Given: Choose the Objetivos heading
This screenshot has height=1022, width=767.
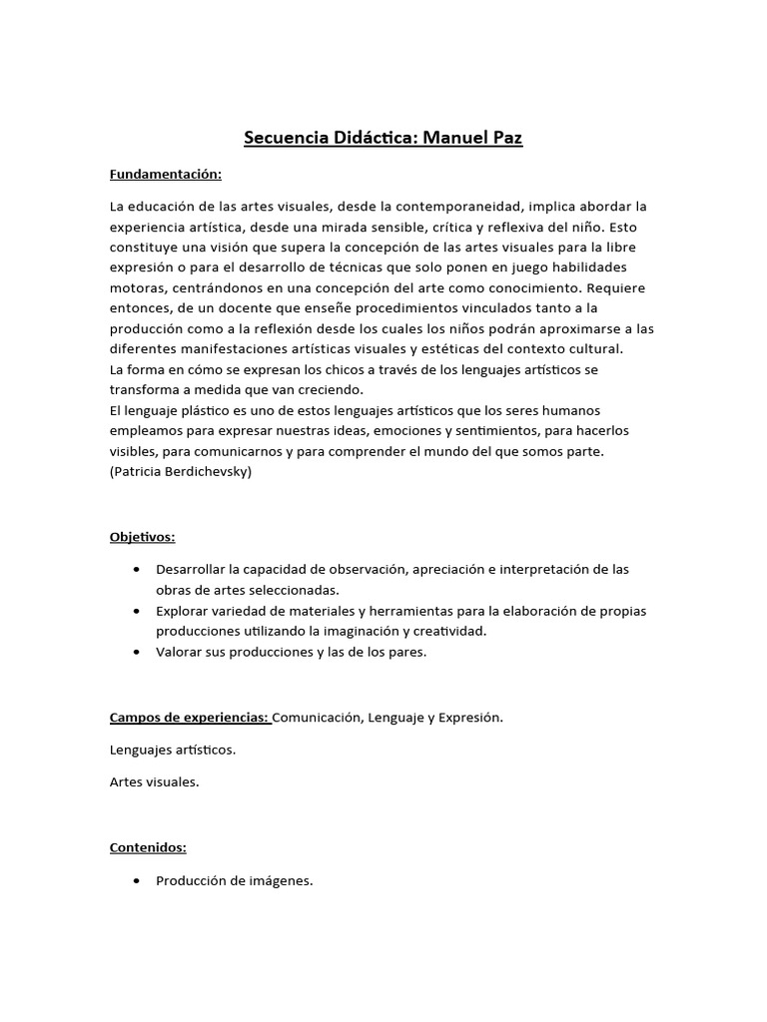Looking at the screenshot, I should point(142,537).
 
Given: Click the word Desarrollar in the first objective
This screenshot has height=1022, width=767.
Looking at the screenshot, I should point(191,569).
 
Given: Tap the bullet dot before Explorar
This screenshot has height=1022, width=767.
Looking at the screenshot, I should point(136,611).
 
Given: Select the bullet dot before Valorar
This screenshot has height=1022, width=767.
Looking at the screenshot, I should point(136,652).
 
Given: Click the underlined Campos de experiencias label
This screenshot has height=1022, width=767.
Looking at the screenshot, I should point(189,717).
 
